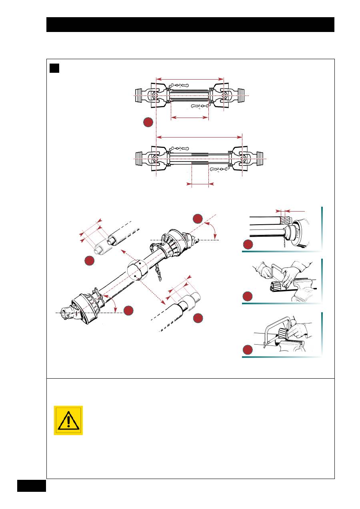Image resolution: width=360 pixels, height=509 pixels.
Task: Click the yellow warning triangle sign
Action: [x=68, y=420]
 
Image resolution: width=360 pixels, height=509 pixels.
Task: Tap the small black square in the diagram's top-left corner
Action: [x=54, y=68]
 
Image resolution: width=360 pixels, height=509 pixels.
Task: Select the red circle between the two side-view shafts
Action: [x=148, y=122]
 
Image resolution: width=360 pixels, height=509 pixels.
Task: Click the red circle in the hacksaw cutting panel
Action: [x=248, y=350]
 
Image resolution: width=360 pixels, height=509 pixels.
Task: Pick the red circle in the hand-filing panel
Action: [x=248, y=296]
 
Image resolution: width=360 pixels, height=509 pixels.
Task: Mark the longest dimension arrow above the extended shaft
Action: [x=199, y=137]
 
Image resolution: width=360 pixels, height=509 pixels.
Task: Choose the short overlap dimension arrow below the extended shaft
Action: [x=200, y=184]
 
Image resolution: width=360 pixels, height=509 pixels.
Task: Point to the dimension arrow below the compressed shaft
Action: [x=190, y=118]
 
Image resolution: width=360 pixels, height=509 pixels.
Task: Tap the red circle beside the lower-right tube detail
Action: [x=198, y=318]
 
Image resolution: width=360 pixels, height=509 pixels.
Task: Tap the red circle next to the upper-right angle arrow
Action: [x=198, y=219]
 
